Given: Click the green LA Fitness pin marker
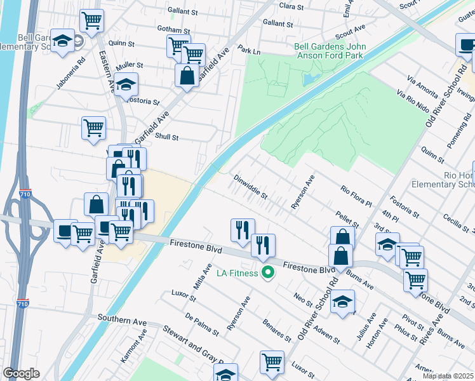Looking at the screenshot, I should [x=268, y=273].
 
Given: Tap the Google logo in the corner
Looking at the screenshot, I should [x=21, y=373].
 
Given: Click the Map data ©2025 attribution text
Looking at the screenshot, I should [x=448, y=376].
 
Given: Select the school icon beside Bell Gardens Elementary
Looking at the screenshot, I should [x=62, y=42].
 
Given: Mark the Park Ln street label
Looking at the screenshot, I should [x=250, y=48].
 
